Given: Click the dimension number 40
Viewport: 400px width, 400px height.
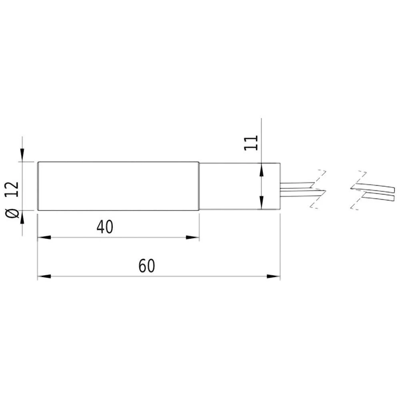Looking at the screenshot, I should point(105,227).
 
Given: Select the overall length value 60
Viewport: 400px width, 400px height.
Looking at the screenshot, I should point(146,266).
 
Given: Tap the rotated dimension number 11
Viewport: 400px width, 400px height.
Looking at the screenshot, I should point(251,143).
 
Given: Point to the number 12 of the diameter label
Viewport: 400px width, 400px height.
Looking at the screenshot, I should point(13,188).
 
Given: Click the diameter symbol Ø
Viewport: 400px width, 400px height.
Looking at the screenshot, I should point(13,212).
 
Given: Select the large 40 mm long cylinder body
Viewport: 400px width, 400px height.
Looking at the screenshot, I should point(118,186).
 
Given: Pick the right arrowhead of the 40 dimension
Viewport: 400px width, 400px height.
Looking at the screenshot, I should point(193,238).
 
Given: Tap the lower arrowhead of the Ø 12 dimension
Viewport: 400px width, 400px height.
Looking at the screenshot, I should point(22,218).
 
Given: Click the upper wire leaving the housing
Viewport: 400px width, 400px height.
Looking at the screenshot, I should point(296,185).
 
